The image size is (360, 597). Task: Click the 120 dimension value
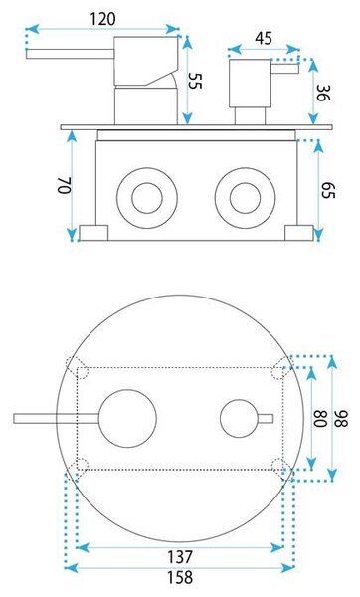pos(102,19)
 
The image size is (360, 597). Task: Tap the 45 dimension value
pos(264,39)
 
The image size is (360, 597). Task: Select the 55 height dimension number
pos(195,81)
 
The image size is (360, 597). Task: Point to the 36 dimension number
pos(323,93)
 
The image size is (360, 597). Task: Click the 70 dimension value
pos(65,185)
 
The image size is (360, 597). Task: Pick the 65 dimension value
pos(328,189)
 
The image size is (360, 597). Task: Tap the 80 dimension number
pos(320,419)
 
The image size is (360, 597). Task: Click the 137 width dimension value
pos(180,557)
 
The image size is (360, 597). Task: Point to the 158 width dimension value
pos(180,577)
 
